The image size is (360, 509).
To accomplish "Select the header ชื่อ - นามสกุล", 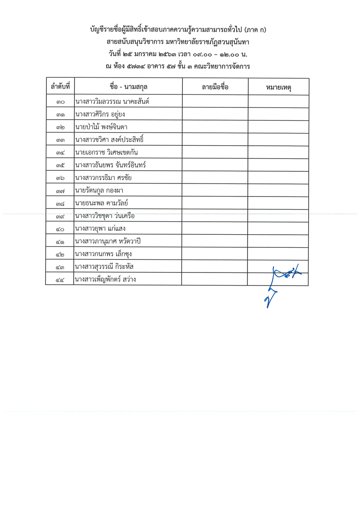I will pos(128,87).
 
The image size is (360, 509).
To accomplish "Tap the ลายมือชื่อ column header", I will pos(215,87).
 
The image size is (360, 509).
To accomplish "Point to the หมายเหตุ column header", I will pos(278,87).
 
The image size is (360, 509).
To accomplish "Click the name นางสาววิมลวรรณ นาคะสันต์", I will pos(112,102).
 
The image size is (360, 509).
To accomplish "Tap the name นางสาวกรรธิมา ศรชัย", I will pos(103,178).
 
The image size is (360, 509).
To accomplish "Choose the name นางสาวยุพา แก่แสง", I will pos(100,229).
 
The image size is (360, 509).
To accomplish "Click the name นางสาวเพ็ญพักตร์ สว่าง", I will pos(106,279).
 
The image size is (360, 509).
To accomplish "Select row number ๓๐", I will pos(59,102).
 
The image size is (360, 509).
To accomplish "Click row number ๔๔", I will pos(59,280).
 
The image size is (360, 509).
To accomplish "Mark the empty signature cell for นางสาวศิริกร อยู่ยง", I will pos(215,114).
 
